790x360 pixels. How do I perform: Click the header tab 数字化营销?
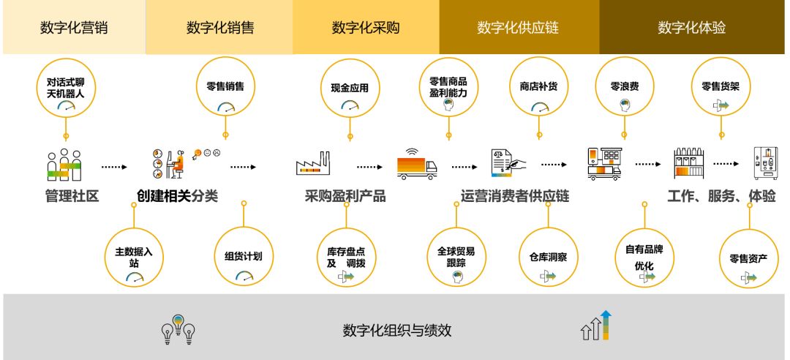tap(73, 28)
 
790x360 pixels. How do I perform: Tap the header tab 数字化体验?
tap(692, 28)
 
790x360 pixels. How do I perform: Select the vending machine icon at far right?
tap(765, 163)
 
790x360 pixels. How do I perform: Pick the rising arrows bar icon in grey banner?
tap(595, 326)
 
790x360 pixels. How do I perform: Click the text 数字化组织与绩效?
tap(396, 330)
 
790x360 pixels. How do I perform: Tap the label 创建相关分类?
tap(177, 196)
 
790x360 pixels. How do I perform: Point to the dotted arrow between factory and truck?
tap(370, 167)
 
